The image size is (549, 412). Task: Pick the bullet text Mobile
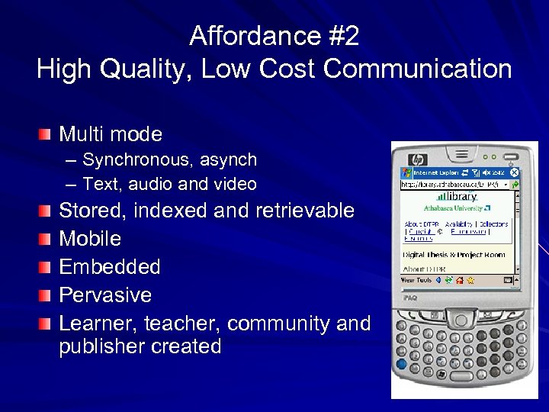(90, 239)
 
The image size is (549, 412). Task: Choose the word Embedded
(110, 267)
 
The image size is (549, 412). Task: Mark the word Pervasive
(105, 295)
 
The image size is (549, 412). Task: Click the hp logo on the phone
(418, 159)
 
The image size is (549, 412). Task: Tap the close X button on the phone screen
(515, 173)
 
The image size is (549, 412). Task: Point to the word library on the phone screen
(461, 197)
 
